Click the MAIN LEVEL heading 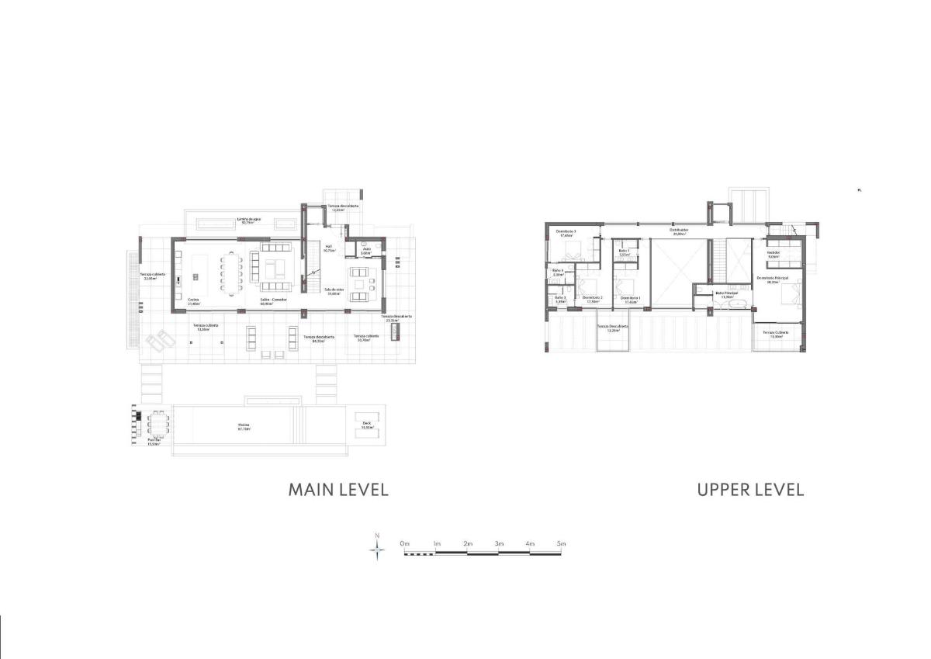(x=337, y=490)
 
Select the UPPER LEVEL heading (x=749, y=490)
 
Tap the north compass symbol (x=377, y=550)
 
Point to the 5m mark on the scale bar (x=561, y=545)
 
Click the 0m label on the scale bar (x=404, y=545)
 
